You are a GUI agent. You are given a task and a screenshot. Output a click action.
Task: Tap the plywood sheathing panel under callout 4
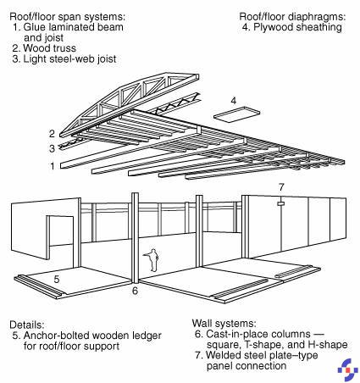click(236, 114)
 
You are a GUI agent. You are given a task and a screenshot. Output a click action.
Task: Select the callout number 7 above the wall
click(281, 187)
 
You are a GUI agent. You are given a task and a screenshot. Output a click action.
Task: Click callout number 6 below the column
click(135, 291)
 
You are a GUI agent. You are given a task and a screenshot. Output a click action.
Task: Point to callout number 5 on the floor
click(57, 280)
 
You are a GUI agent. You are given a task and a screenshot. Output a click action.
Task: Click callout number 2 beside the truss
click(52, 134)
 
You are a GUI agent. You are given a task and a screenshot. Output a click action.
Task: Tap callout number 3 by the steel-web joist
click(52, 148)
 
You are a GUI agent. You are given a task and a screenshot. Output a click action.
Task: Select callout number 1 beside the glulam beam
click(53, 166)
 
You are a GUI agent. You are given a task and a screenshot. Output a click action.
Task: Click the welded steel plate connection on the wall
click(280, 203)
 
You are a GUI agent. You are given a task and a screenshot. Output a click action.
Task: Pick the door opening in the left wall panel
click(60, 237)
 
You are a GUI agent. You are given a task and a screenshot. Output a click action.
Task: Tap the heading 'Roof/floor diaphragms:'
click(292, 17)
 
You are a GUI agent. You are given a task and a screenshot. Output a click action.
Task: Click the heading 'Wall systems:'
click(224, 323)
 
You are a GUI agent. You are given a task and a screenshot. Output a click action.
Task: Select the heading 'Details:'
click(27, 325)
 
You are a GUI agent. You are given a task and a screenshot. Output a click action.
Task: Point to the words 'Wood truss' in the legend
click(50, 48)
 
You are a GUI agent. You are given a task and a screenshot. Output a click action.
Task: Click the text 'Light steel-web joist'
click(69, 59)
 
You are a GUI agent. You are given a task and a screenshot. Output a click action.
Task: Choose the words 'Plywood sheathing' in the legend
click(297, 27)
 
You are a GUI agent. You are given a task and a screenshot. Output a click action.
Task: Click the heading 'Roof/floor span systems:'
click(67, 17)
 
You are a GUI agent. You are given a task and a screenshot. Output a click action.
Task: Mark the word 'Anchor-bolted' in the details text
click(57, 336)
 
